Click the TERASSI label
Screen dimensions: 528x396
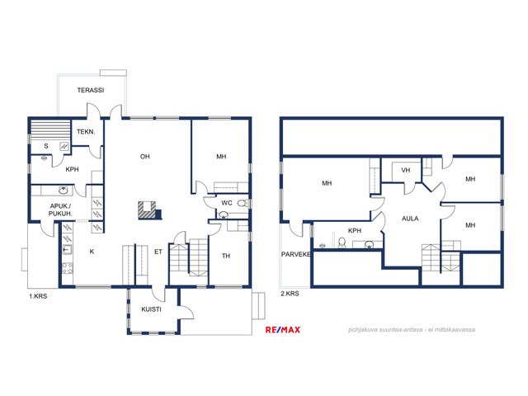pos(91,90)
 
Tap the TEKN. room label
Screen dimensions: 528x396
pos(86,132)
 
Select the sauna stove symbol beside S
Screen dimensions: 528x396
pos(64,146)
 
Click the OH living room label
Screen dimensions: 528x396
pos(145,156)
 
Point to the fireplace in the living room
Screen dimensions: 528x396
pos(148,210)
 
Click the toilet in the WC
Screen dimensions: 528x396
pos(242,203)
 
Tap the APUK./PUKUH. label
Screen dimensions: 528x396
pos(60,210)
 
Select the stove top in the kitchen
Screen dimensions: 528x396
pos(68,268)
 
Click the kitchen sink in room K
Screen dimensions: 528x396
pos(67,249)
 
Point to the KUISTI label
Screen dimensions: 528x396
pos(151,309)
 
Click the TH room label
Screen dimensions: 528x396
pos(226,256)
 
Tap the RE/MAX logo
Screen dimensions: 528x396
pos(283,330)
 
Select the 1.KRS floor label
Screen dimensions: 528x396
pos(38,296)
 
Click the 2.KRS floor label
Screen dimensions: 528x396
pos(290,294)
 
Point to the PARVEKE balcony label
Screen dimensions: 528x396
pos(296,255)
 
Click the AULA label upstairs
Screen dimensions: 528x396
pos(410,219)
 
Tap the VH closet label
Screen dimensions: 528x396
pos(405,171)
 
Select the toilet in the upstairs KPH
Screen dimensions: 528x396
pos(342,243)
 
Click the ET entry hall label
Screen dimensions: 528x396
pos(158,252)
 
